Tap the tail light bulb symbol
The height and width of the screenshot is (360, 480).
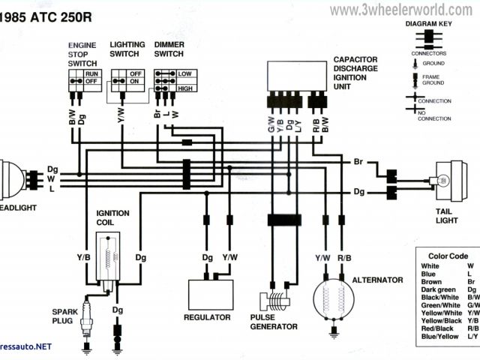tap(443, 180)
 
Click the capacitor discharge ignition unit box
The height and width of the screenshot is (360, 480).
tap(297, 76)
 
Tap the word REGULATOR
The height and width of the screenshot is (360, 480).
tap(206, 317)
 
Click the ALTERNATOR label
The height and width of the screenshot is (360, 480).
tap(379, 280)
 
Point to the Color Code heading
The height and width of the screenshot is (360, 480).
tap(448, 256)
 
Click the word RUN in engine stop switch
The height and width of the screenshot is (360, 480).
tap(92, 73)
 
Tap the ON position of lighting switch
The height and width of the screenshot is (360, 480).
tap(136, 81)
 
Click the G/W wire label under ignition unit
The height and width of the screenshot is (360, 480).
tap(271, 124)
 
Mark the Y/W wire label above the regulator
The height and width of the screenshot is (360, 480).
tap(230, 258)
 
